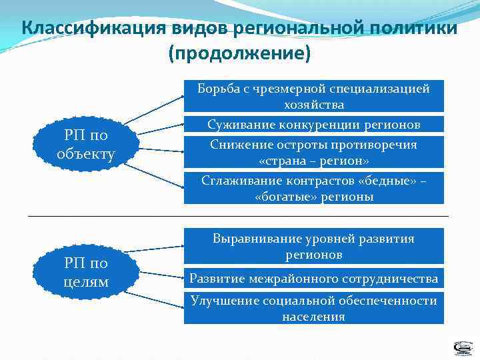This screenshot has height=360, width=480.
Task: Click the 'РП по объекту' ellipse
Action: tap(86, 145)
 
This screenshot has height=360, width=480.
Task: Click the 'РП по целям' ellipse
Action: tap(86, 272)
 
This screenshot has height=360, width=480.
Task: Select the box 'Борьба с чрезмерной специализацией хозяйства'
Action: tap(314, 97)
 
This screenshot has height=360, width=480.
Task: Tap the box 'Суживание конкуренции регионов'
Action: tap(314, 124)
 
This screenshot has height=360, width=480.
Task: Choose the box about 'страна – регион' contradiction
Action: tap(314, 153)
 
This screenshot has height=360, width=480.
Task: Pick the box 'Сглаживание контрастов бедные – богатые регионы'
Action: tap(314, 187)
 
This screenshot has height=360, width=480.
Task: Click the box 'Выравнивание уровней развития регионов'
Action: tap(314, 246)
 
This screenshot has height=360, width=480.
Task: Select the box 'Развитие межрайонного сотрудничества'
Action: tap(314, 278)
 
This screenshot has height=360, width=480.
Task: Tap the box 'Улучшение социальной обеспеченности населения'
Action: tap(314, 308)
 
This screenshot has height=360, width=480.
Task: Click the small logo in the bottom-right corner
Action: tap(463, 348)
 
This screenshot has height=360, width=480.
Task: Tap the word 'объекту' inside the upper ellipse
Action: tap(86, 154)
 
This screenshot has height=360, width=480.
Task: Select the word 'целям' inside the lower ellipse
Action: tap(86, 281)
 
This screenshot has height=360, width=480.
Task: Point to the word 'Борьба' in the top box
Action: tap(218, 89)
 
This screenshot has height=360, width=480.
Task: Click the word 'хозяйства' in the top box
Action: tap(314, 105)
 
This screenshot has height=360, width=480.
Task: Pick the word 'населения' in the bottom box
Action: tap(314, 316)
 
